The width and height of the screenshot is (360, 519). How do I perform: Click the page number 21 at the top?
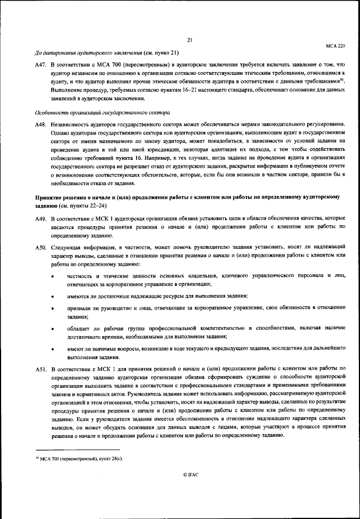(190, 40)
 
